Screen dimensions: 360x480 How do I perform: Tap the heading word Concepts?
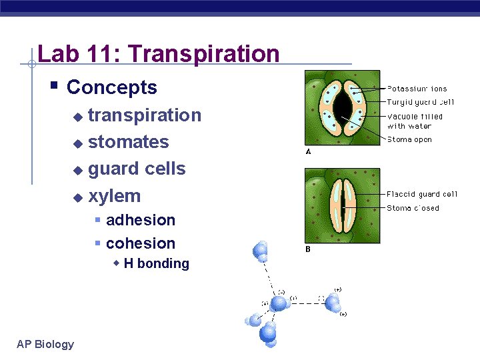tap(112, 87)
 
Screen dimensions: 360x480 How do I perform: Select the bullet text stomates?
tap(128, 142)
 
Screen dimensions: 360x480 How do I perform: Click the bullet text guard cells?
tap(137, 169)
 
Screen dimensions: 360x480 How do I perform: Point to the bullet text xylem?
tap(114, 196)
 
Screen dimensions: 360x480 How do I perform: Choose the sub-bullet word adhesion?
tap(140, 220)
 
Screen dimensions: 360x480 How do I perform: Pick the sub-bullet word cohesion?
tap(140, 243)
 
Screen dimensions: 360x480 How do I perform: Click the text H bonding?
tap(156, 263)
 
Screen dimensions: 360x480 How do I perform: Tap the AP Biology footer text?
tap(45, 344)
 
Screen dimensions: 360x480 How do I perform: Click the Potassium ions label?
tap(417, 89)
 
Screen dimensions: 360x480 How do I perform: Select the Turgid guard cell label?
tap(420, 102)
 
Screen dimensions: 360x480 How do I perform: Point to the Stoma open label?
tap(409, 140)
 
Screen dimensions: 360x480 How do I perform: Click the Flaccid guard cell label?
tap(422, 195)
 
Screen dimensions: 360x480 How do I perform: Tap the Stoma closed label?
tap(413, 208)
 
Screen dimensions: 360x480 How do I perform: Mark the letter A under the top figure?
tap(308, 152)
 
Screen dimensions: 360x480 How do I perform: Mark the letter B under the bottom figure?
tap(308, 249)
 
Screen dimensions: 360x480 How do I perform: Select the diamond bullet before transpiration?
tap(78, 117)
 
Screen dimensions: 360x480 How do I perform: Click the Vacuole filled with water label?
tap(415, 121)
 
